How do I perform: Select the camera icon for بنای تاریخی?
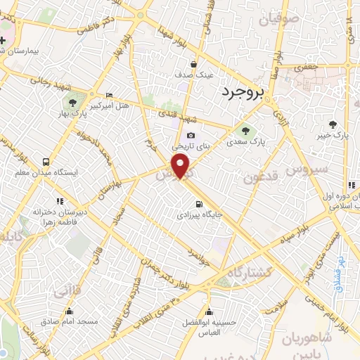point(191,136)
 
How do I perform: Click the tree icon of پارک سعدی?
point(245,129)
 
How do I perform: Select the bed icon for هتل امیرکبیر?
point(108,95)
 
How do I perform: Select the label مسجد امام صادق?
point(72,321)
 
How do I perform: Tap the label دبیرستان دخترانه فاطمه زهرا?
point(47,215)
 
